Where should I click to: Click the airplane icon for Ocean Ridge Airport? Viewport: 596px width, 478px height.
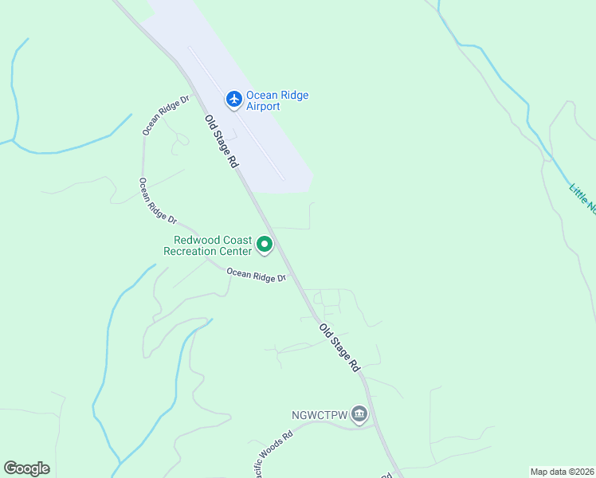coord(234,99)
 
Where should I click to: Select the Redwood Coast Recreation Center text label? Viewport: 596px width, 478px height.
coord(207,245)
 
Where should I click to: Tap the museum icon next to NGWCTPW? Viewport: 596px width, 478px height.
coord(359,413)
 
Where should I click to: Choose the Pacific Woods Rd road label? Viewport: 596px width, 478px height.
coord(270,450)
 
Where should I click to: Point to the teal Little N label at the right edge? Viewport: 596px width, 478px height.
coord(582,198)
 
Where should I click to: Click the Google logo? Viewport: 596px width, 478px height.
coord(27,468)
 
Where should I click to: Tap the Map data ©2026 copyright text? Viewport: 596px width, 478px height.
coord(562,472)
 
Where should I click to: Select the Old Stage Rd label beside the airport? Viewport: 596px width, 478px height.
coord(222,141)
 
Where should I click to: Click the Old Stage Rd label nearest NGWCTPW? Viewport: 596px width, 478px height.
coord(339,348)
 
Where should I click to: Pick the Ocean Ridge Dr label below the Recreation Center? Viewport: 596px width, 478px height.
coord(256,276)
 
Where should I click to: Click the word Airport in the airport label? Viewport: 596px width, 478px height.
coord(263,107)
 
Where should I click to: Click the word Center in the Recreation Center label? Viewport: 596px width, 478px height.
coord(237,251)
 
